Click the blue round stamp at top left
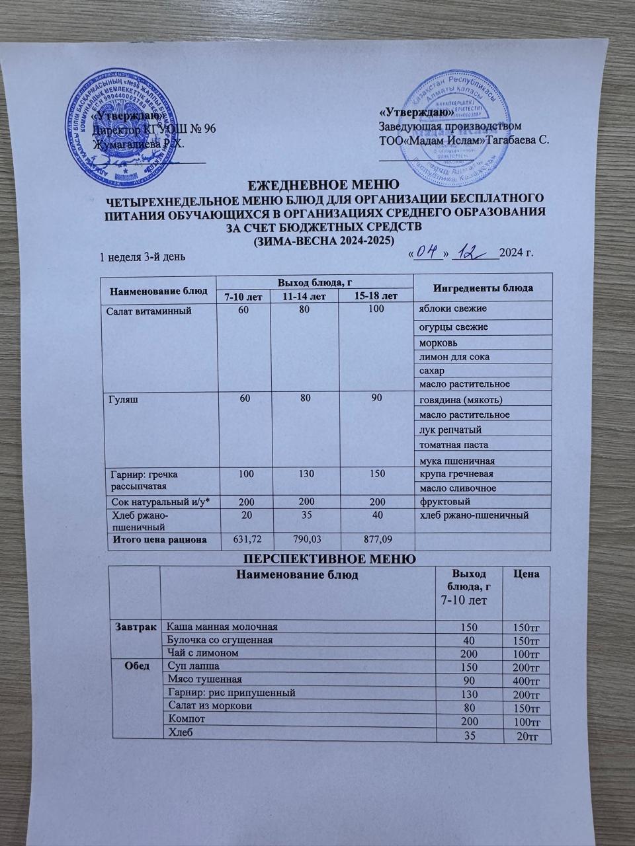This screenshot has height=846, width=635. pos(124,128)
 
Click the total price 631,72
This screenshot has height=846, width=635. pos(244,540)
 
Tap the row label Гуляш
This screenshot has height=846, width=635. pos(121,400)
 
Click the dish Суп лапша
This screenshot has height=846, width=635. pos(194,666)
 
